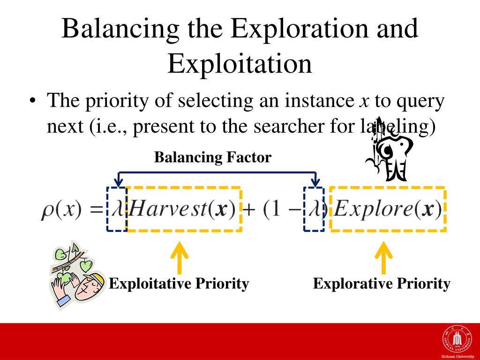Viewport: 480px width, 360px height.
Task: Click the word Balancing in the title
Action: click(x=120, y=29)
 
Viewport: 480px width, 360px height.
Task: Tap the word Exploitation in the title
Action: click(x=240, y=63)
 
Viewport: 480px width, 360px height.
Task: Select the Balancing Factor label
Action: click(x=213, y=157)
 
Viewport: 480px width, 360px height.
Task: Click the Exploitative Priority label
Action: click(x=179, y=284)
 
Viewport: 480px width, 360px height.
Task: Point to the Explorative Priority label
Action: click(x=382, y=284)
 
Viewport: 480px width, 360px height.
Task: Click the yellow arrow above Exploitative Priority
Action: click(x=180, y=257)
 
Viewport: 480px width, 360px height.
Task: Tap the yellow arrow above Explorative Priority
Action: click(x=383, y=257)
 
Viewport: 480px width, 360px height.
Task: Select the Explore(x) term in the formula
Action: click(x=388, y=209)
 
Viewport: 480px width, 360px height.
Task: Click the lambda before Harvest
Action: click(x=117, y=209)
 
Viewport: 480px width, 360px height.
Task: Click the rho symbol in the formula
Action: click(x=46, y=211)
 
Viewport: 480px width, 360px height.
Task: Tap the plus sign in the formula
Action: click(x=248, y=210)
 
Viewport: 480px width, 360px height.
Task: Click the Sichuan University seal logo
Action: click(x=457, y=339)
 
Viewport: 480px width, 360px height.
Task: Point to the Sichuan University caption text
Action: click(x=457, y=356)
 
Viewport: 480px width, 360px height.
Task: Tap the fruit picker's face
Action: click(x=89, y=287)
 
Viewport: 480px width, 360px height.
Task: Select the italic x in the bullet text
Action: click(x=364, y=102)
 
